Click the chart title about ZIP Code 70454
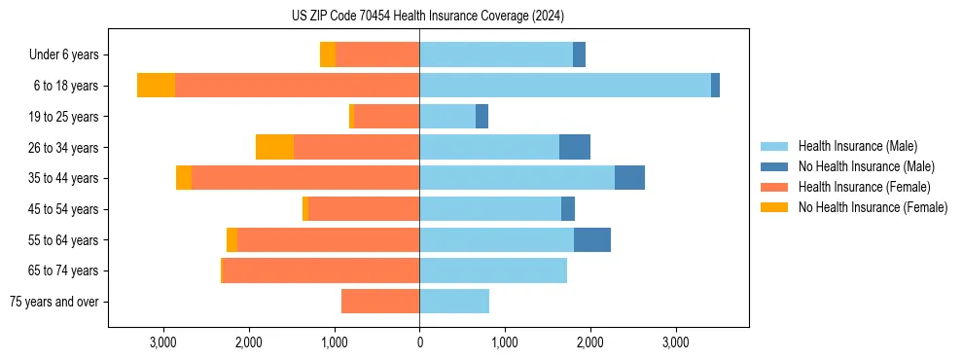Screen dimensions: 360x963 428,16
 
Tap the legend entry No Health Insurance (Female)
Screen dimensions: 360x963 873,207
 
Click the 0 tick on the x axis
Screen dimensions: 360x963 419,342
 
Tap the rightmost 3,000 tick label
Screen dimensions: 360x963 676,342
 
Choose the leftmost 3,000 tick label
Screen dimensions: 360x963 163,342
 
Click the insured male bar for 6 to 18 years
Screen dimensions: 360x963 565,86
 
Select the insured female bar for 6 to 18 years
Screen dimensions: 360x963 297,86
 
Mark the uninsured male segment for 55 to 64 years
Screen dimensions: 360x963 592,239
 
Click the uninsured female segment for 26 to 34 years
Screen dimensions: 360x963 274,147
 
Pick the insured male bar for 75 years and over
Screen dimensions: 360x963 454,302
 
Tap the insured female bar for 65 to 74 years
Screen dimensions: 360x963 321,270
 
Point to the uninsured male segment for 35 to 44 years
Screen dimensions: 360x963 629,178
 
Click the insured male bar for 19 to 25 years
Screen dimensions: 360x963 447,117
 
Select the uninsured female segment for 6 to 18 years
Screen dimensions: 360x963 156,86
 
